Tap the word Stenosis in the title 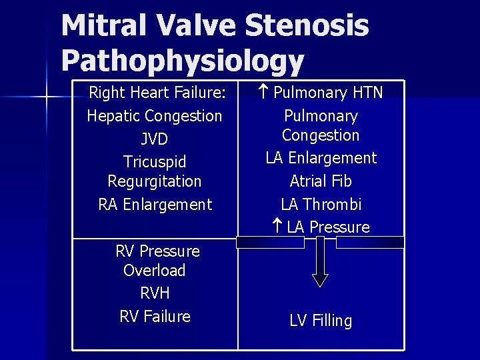307,26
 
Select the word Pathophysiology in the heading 182,61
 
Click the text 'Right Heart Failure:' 157,92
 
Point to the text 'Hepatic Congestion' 155,116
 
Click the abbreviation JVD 155,139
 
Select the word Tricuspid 155,162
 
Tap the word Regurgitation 155,181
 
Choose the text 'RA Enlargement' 155,205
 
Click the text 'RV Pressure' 157,251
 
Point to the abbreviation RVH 155,293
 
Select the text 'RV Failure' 155,317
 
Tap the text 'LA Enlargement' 321,158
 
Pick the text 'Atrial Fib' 321,181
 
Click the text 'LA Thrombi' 321,205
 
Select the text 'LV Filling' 321,321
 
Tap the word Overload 155,271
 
